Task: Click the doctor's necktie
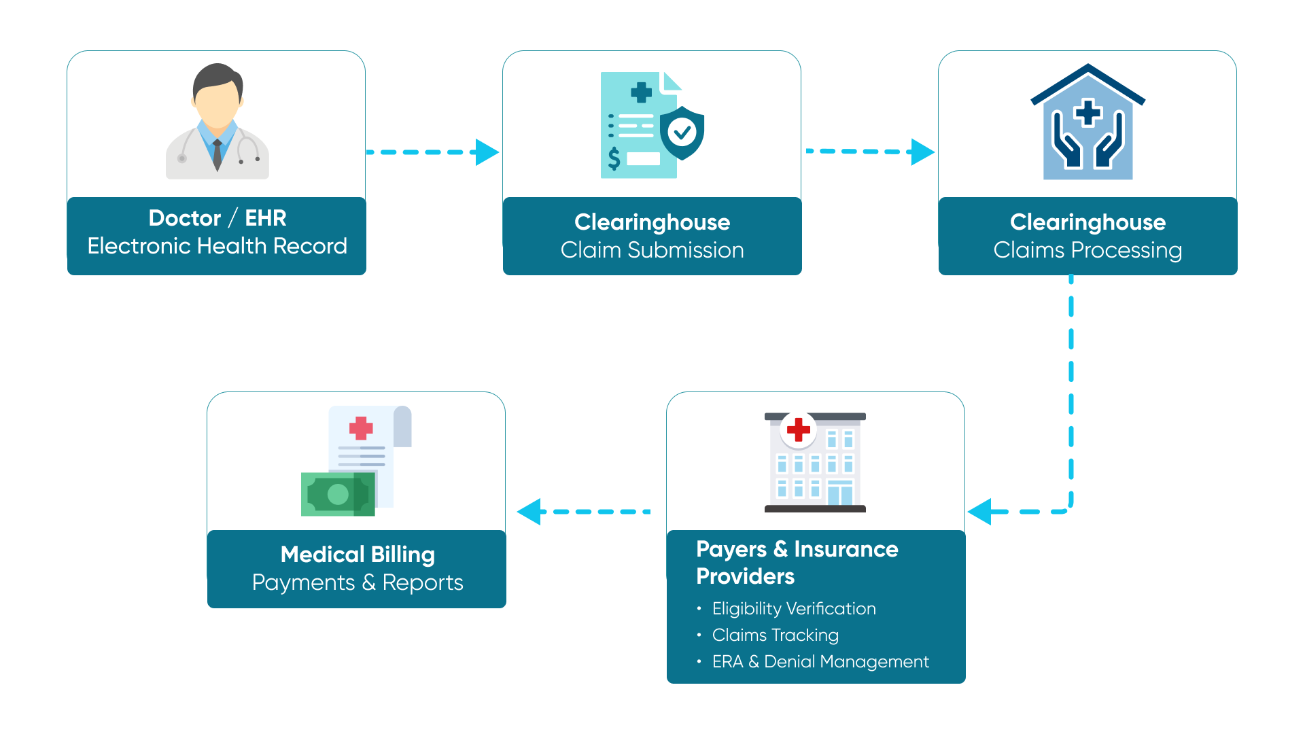[x=217, y=156]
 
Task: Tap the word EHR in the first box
[x=265, y=218]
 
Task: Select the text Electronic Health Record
[x=217, y=246]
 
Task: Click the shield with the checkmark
[x=682, y=132]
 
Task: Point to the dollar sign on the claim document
[x=614, y=158]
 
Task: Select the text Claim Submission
[x=652, y=250]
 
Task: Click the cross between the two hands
[x=1088, y=113]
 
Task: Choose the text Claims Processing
[x=1087, y=250]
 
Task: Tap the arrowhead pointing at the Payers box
[x=980, y=512]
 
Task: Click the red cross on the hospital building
[x=798, y=430]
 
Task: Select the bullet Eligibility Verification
[x=793, y=609]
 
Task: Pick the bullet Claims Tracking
[x=775, y=635]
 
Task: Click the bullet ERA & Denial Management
[x=820, y=662]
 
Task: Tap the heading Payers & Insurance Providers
[x=797, y=563]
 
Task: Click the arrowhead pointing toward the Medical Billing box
[x=529, y=512]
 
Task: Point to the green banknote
[x=338, y=494]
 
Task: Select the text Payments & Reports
[x=358, y=583]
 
